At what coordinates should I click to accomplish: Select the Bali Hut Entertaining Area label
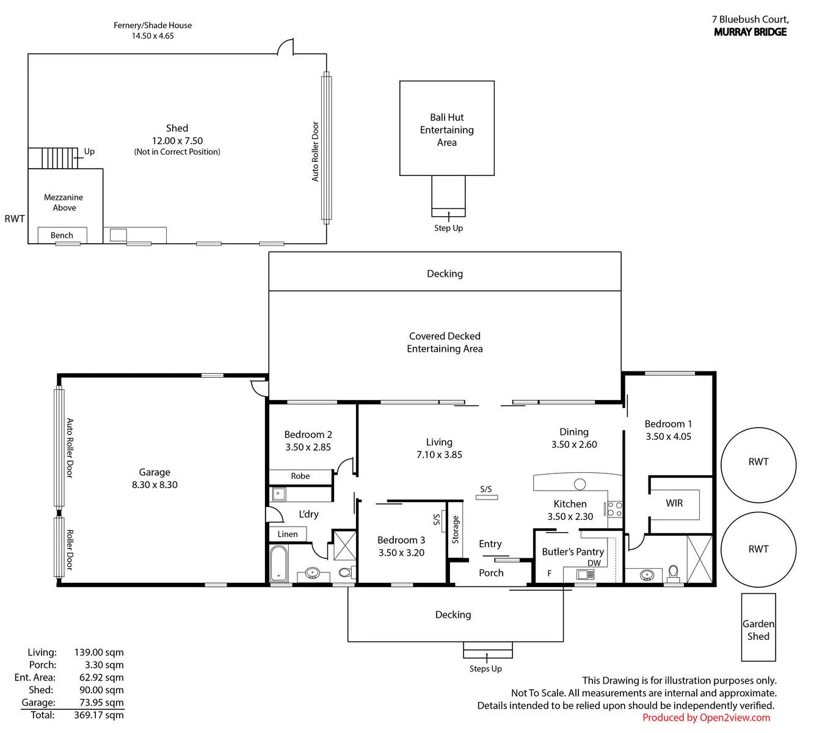(446, 129)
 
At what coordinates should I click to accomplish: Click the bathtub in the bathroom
(278, 563)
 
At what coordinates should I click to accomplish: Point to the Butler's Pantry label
(573, 552)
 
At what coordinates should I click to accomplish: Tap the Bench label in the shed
(62, 235)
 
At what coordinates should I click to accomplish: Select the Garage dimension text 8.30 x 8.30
(154, 484)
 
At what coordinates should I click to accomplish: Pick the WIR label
(674, 503)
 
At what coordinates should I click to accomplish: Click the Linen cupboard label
(287, 534)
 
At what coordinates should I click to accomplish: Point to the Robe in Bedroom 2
(300, 476)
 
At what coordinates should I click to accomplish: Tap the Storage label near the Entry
(456, 530)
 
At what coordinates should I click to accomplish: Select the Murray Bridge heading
(750, 32)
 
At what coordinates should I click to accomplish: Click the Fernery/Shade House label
(153, 25)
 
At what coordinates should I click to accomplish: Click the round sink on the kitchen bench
(580, 484)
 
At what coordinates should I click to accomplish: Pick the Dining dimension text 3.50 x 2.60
(574, 444)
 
